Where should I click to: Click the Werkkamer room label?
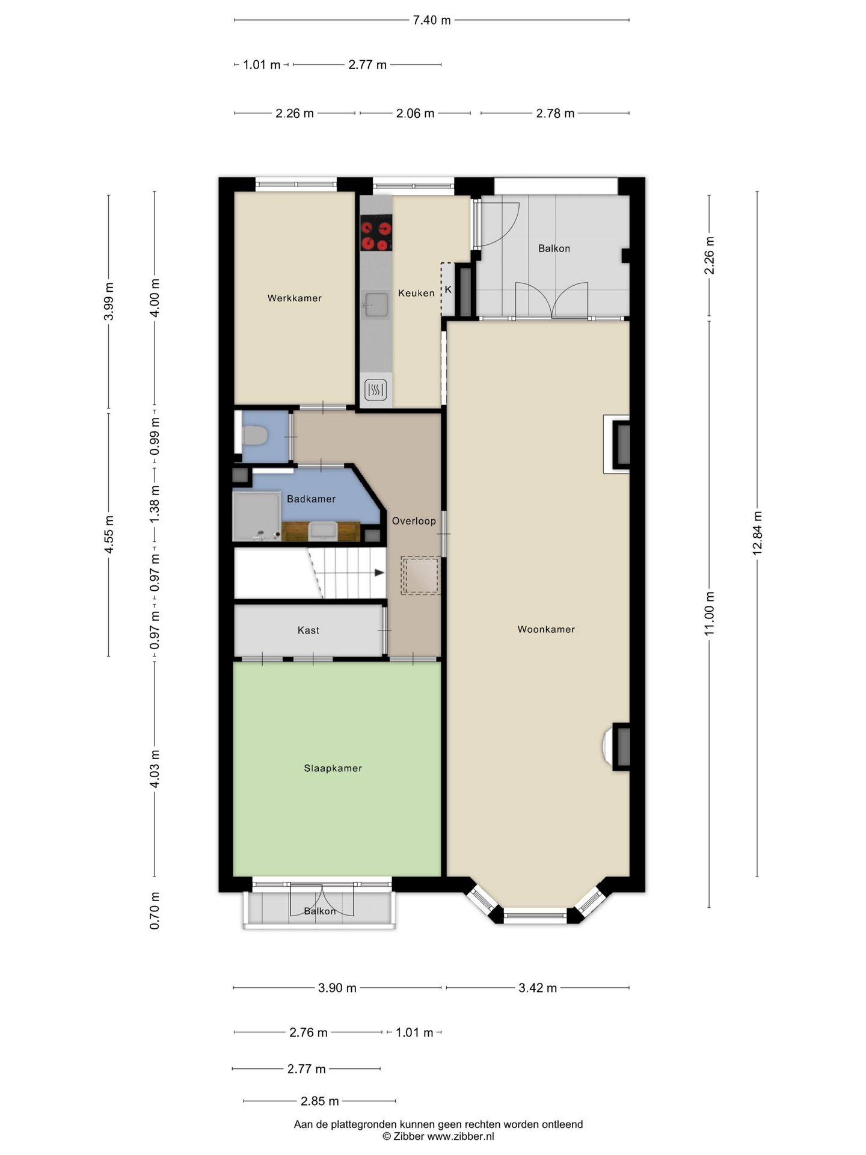[294, 298]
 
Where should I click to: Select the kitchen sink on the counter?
[376, 304]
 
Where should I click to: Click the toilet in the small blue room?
[254, 436]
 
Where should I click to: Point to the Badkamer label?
[311, 499]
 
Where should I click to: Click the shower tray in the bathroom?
[257, 516]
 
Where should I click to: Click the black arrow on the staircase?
[379, 573]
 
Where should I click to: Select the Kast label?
[308, 630]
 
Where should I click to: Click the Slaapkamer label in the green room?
[333, 768]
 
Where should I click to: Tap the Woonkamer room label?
[546, 629]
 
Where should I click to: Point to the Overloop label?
[414, 521]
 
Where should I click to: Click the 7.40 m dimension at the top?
[431, 20]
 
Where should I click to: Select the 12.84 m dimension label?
[757, 533]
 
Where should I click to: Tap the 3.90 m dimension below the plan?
[337, 988]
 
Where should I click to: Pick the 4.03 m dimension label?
[155, 769]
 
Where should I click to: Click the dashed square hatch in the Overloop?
[421, 576]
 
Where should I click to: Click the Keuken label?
[416, 293]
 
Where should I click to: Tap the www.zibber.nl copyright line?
[438, 1136]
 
